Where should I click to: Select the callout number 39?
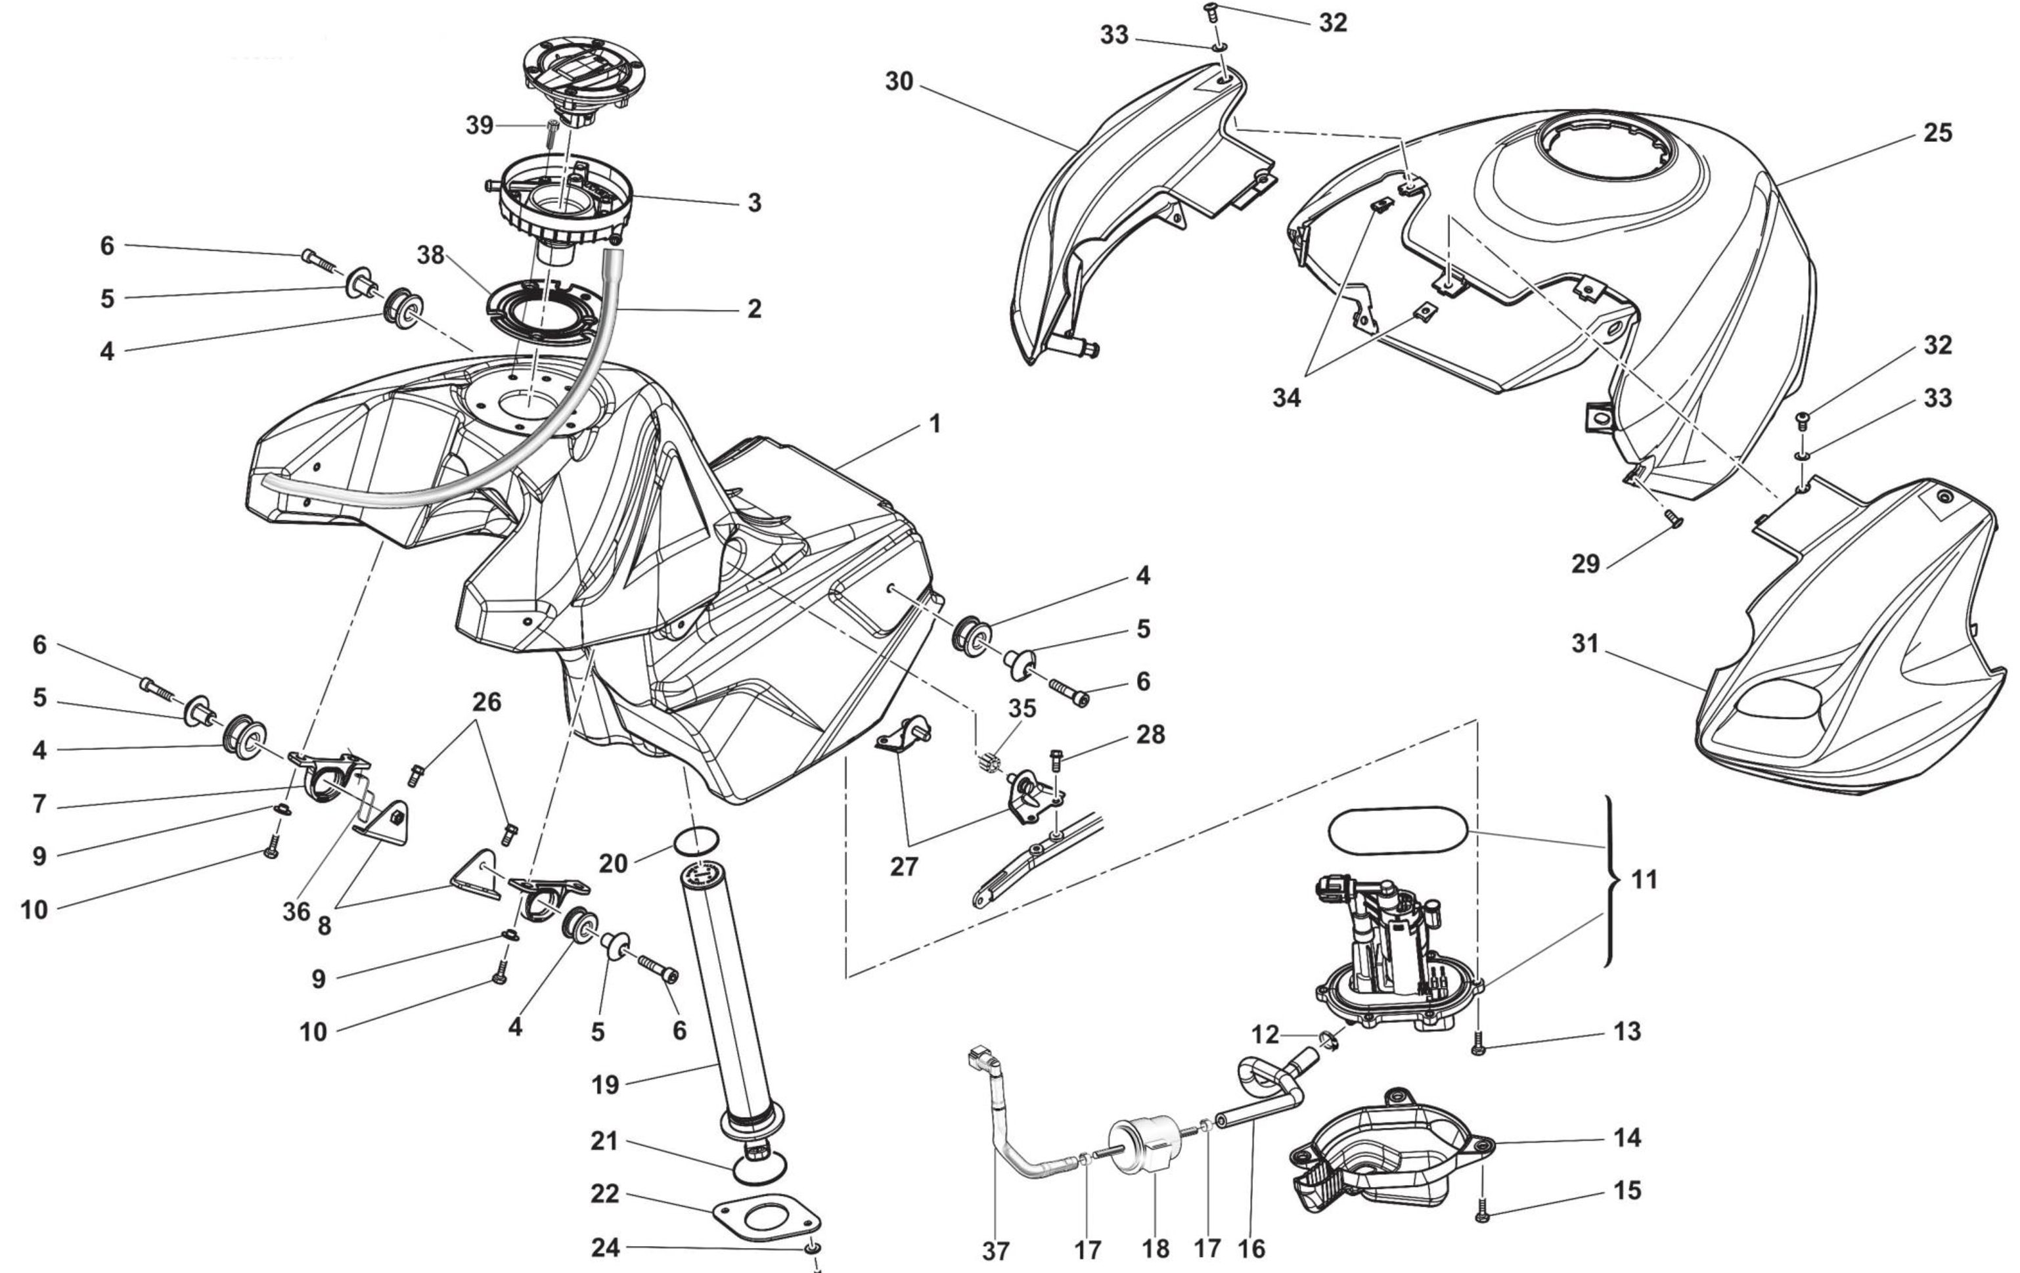pyautogui.click(x=480, y=126)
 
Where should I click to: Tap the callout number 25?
pyautogui.click(x=1937, y=133)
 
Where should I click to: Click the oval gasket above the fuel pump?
pyautogui.click(x=1397, y=831)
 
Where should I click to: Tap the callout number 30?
pyautogui.click(x=899, y=82)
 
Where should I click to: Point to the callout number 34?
pyautogui.click(x=1286, y=397)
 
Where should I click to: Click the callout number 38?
pyautogui.click(x=430, y=255)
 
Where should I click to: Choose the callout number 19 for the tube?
pyautogui.click(x=605, y=1084)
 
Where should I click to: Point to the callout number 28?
pyautogui.click(x=1150, y=734)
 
